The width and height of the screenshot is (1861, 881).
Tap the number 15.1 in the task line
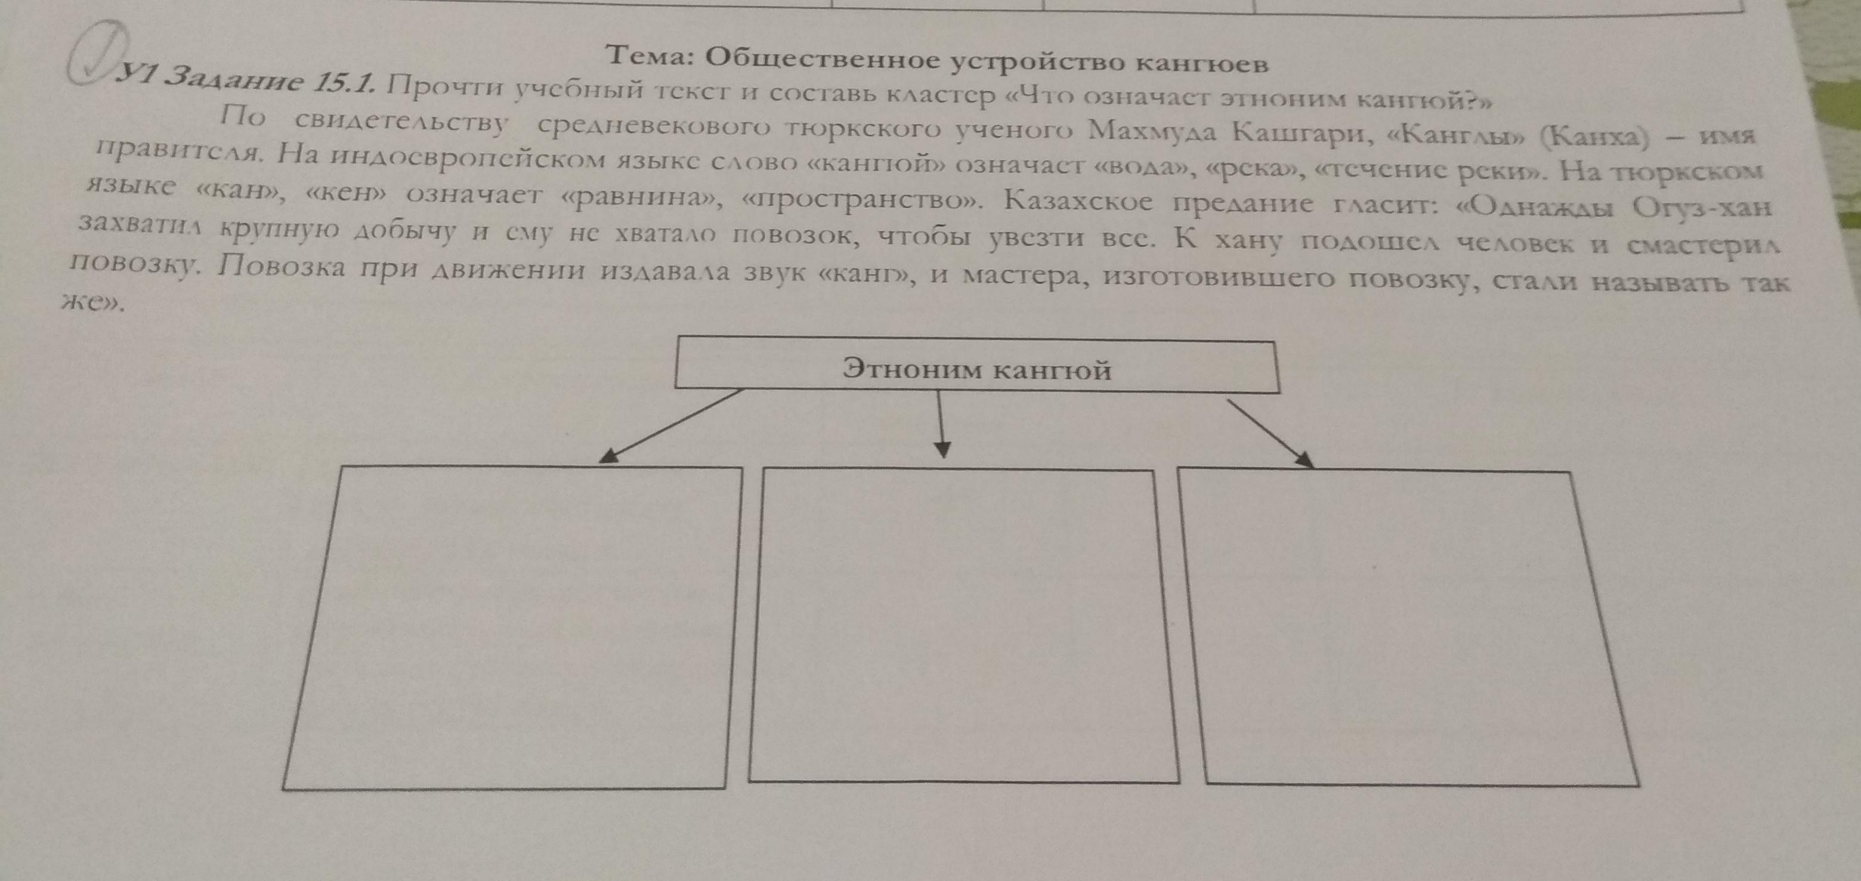342,85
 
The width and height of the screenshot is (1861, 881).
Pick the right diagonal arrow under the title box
1270,434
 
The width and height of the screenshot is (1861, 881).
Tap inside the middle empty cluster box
964,625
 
